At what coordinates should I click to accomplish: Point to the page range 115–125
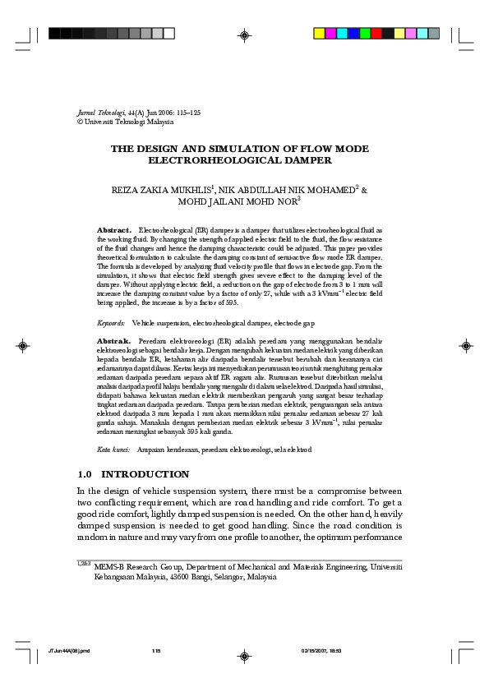(x=173, y=111)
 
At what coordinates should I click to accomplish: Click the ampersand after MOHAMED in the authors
(x=365, y=190)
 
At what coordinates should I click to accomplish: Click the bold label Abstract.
(x=114, y=231)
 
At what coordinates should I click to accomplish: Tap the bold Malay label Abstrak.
(x=114, y=339)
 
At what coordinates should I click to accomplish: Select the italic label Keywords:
(x=111, y=324)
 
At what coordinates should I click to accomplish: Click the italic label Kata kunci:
(x=114, y=450)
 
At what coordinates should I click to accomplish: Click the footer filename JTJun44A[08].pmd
(x=68, y=651)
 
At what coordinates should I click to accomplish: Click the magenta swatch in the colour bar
(x=330, y=34)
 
